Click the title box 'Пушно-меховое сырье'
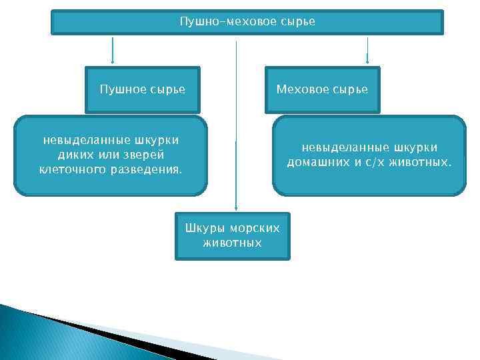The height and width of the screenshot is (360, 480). [x=247, y=22]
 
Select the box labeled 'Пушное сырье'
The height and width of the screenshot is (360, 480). [x=142, y=89]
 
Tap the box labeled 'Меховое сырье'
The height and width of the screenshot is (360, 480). [x=322, y=89]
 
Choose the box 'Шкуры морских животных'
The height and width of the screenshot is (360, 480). [x=233, y=236]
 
